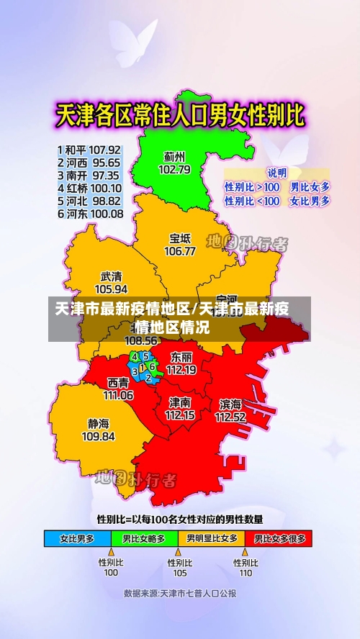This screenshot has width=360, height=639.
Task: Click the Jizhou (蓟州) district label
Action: click(174, 156)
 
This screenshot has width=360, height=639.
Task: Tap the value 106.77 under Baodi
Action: click(179, 251)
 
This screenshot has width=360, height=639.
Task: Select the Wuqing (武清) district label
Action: click(111, 276)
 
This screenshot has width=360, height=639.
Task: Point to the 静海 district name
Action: click(99, 423)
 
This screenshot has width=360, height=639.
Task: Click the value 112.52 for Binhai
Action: click(230, 417)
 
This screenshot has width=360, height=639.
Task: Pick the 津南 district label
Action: click(180, 402)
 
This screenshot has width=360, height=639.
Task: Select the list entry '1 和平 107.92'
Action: click(89, 150)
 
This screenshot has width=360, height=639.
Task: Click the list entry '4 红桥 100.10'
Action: click(89, 189)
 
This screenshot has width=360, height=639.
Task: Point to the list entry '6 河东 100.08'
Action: click(89, 214)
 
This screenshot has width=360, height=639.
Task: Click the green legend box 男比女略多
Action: click(144, 538)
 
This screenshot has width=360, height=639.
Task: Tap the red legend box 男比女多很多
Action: click(280, 538)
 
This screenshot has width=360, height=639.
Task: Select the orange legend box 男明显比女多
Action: click(213, 538)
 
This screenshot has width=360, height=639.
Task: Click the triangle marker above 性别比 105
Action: click(179, 553)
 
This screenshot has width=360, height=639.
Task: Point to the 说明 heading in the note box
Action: click(277, 173)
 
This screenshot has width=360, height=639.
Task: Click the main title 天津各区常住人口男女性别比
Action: click(180, 114)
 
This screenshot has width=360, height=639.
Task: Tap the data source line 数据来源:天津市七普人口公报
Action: click(180, 594)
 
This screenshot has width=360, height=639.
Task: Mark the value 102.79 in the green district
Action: click(174, 170)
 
